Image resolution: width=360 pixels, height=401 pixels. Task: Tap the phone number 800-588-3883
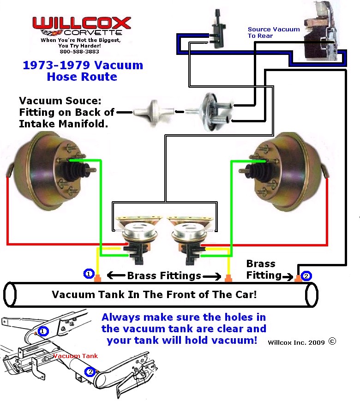(x=81, y=52)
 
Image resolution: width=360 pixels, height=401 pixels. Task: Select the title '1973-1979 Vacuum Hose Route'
(x=83, y=71)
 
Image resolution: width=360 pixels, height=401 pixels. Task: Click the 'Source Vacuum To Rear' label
(x=273, y=32)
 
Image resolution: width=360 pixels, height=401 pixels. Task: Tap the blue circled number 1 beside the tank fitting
(x=89, y=274)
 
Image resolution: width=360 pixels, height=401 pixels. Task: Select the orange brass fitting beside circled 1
(x=97, y=279)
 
